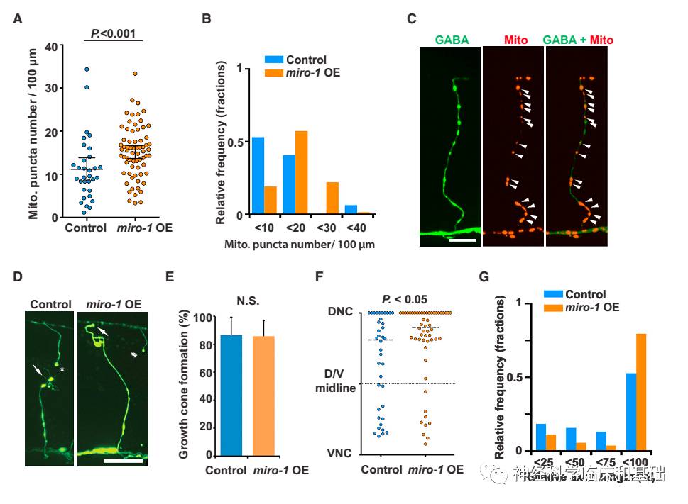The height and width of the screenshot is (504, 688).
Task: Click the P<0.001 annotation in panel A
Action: click(112, 33)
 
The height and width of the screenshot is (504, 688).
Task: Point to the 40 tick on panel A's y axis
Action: click(50, 47)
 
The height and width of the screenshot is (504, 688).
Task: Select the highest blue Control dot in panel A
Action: click(87, 69)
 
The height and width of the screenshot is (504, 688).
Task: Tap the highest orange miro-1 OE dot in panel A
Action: click(133, 73)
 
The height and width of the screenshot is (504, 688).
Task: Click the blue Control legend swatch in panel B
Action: click(273, 60)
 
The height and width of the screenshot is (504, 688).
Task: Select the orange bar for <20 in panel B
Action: click(301, 172)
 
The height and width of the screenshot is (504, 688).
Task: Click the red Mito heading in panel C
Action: click(515, 40)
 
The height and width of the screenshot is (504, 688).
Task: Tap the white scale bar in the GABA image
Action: click(462, 241)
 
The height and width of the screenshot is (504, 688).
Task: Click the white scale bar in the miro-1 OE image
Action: click(124, 461)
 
